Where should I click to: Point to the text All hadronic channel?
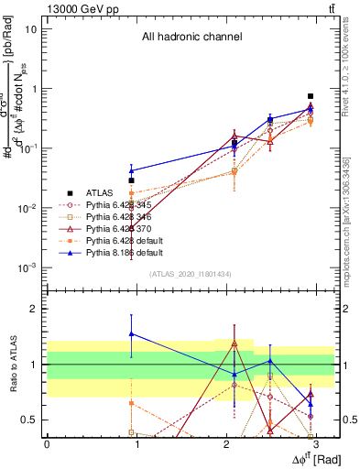pyautogui.click(x=191, y=38)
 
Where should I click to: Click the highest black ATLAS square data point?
pyautogui.click(x=311, y=96)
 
